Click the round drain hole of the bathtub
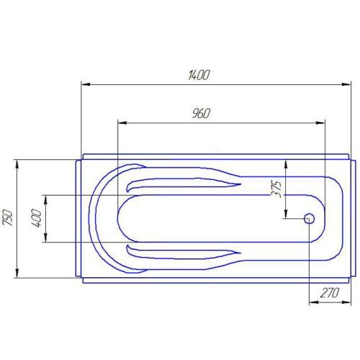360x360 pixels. click(x=310, y=218)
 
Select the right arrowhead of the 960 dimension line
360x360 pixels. click(x=323, y=123)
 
